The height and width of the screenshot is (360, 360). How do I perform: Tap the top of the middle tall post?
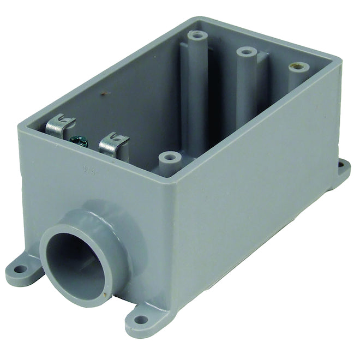point(247,52)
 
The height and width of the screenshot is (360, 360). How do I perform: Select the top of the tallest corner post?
point(197,37)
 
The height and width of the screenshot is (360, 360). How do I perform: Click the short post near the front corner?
point(170,158)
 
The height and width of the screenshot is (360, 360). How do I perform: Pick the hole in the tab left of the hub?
point(20,269)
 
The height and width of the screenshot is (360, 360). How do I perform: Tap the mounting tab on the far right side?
point(343,166)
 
